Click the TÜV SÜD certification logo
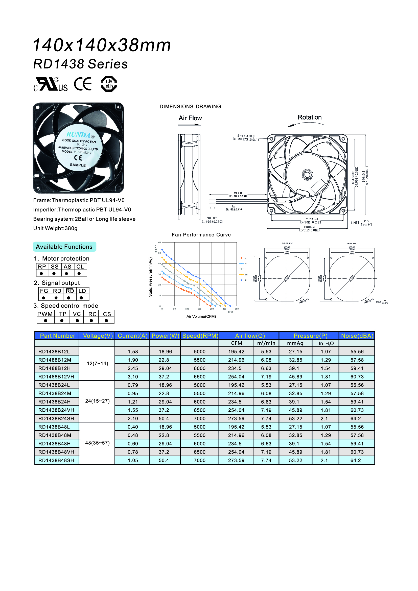click(109, 84)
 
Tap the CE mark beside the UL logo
click(83, 84)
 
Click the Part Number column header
click(57, 336)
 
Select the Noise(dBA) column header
click(357, 336)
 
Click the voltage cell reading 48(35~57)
click(97, 443)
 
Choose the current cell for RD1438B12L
click(133, 352)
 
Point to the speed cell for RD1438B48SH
click(199, 460)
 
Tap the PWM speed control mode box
click(45, 314)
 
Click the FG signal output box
click(44, 291)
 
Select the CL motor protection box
click(80, 267)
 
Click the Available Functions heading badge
click(64, 247)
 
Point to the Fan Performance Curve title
click(201, 235)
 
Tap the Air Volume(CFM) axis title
click(201, 316)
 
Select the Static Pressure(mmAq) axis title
click(150, 277)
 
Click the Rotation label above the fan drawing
click(309, 117)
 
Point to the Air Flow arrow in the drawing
click(190, 125)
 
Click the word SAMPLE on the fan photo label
click(78, 165)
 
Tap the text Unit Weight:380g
click(55, 228)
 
